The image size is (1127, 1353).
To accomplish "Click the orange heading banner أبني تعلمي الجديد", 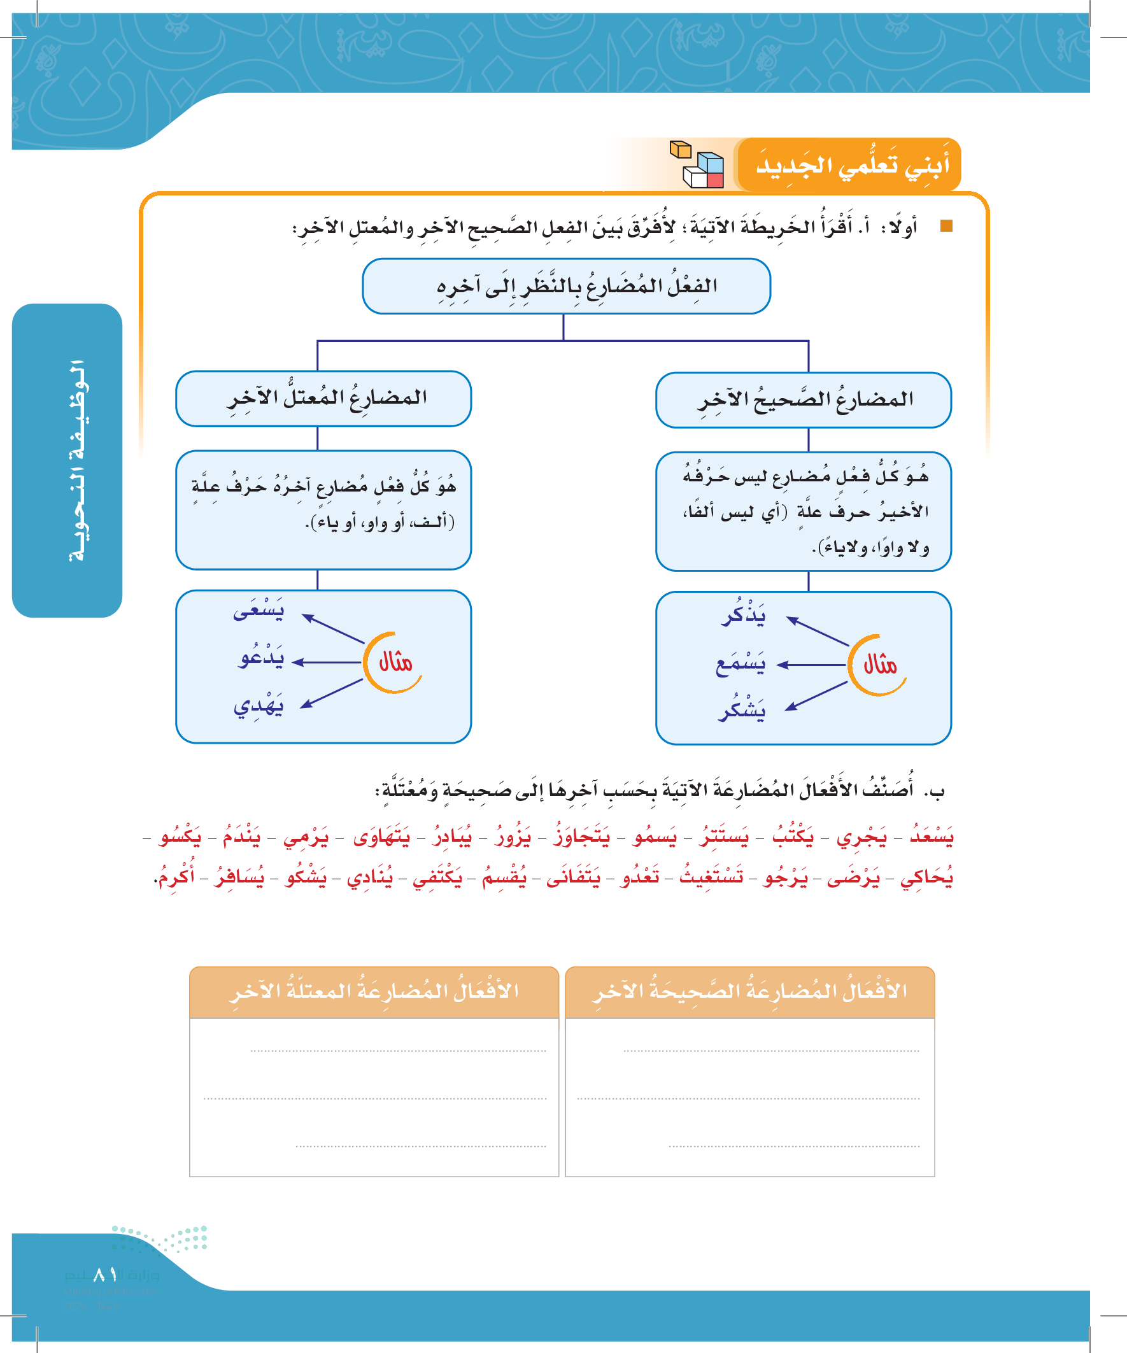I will coord(851,165).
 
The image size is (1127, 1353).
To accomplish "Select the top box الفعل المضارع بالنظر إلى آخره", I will coord(566,287).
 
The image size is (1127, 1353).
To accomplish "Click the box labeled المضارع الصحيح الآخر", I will coord(803,400).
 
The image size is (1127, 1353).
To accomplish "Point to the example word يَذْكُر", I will coord(744,614).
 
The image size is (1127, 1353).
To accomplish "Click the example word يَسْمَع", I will coord(741,663).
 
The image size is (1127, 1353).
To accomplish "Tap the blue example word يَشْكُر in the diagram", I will coord(742,711).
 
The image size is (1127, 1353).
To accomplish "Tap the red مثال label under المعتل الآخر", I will coord(395,662).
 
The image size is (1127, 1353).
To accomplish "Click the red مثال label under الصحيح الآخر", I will coord(879,665).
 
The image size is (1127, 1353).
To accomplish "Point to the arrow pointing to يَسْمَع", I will coord(811,664).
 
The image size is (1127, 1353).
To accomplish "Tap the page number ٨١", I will coord(105,1275).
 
